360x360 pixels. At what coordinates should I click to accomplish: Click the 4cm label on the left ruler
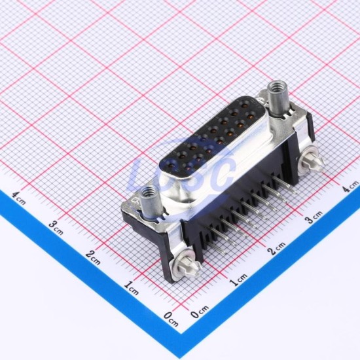pos(19,198)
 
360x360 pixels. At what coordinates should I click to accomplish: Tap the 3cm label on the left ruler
pos(56,228)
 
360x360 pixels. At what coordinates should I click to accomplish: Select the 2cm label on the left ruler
pos(93,258)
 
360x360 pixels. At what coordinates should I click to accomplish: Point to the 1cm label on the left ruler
pos(132,288)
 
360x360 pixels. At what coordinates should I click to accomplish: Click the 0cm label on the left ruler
pos(171,319)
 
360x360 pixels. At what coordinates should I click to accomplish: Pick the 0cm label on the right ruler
pos(200,312)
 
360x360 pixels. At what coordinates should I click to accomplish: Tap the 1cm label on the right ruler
pos(239,280)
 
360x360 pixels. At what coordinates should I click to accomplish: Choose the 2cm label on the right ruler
pos(276,249)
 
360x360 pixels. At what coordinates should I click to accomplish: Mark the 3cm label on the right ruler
pos(314,217)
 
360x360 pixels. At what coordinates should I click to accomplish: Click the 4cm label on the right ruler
pos(350,186)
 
